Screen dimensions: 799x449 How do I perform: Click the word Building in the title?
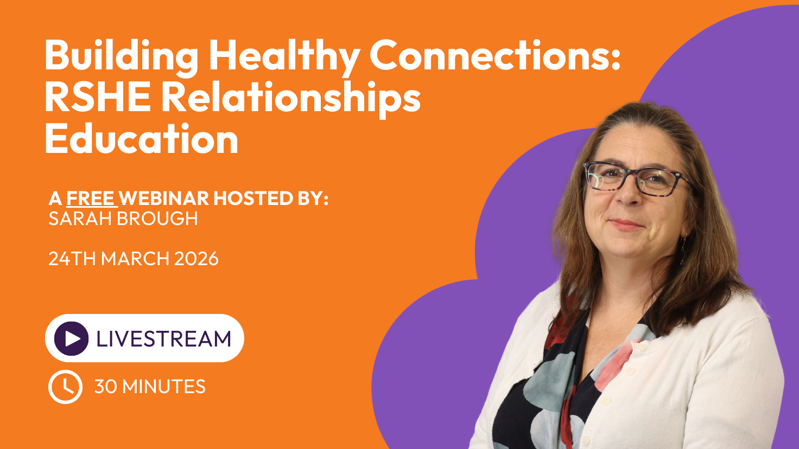point(121,56)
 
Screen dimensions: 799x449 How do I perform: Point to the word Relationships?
point(291,99)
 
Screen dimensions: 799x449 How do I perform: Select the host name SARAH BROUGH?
point(123,219)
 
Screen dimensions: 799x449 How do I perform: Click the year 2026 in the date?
point(196,258)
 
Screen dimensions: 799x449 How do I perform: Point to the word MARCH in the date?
point(135,258)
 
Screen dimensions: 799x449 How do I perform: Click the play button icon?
point(71,338)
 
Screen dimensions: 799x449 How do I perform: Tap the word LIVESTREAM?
point(164,338)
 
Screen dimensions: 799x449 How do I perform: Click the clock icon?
point(65,387)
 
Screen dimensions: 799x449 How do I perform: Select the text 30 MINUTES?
point(150,387)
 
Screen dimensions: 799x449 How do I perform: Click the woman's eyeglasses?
point(636,178)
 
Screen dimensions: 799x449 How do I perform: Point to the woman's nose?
point(629,194)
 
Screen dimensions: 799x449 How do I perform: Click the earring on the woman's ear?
point(683,249)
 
